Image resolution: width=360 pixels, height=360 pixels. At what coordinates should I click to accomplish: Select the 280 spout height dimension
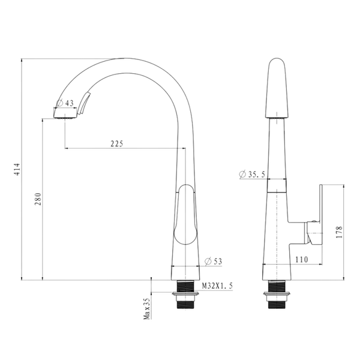click(38, 199)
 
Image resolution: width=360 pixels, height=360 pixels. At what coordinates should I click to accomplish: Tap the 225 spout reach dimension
click(117, 144)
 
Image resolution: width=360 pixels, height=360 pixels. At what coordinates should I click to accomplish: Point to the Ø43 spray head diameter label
click(65, 103)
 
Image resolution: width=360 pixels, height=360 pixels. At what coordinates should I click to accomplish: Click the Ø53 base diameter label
click(214, 261)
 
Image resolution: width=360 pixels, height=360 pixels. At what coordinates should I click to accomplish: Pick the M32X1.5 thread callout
click(217, 286)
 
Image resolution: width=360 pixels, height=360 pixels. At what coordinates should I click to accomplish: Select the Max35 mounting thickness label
click(147, 308)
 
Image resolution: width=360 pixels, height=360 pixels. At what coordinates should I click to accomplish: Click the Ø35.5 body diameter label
click(252, 175)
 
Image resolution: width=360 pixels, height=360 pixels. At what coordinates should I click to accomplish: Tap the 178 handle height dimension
click(339, 232)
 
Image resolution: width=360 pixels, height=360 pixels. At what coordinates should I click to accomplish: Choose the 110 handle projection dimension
click(301, 259)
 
